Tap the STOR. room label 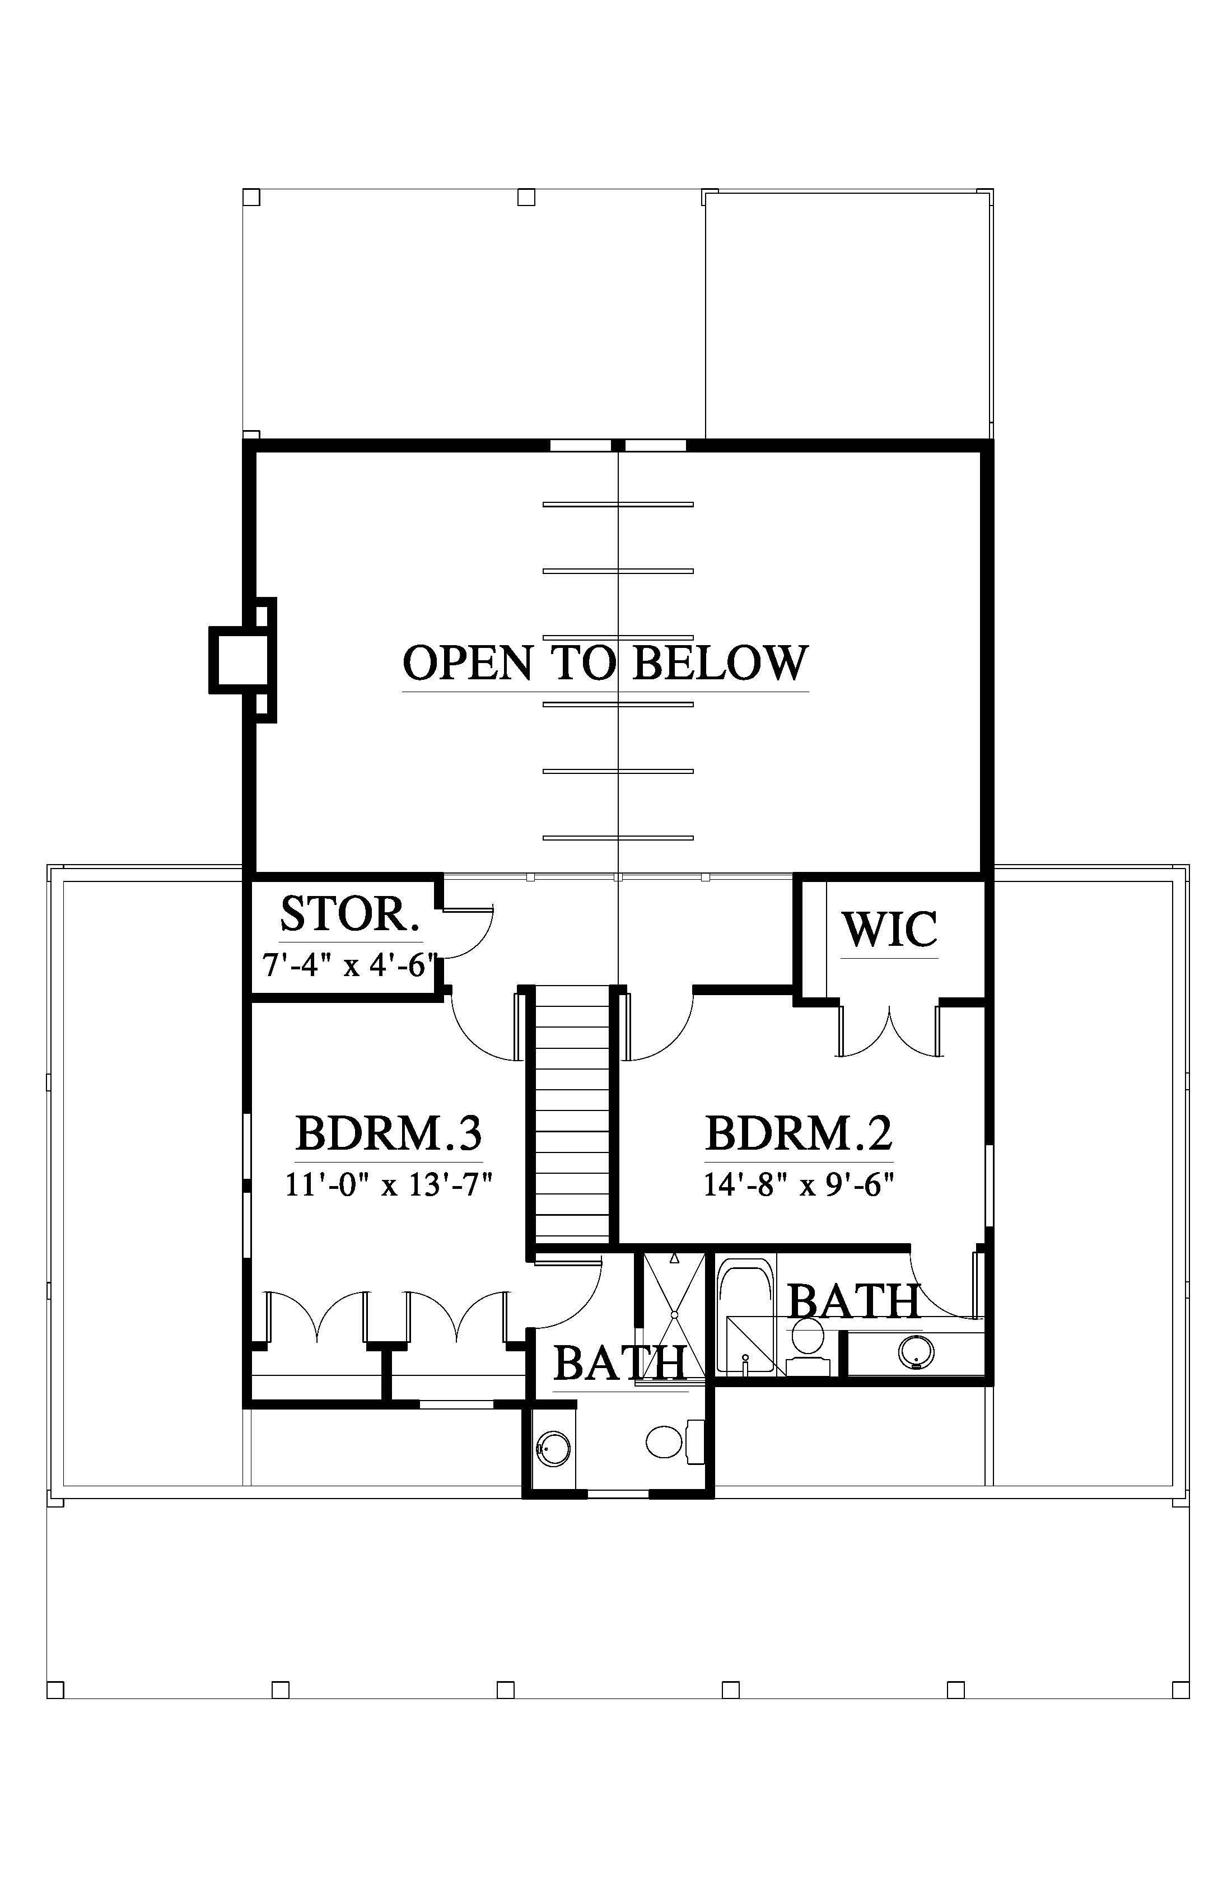(349, 914)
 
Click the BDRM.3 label (389, 1133)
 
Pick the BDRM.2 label (799, 1133)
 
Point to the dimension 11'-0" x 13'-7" (388, 1184)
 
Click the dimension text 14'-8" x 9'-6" (799, 1184)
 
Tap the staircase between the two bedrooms (571, 1116)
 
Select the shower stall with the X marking (674, 1314)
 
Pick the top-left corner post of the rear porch (251, 197)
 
